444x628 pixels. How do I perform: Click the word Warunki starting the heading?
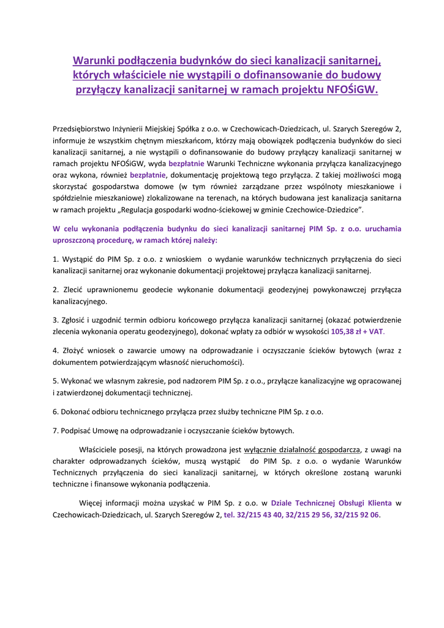[96, 60]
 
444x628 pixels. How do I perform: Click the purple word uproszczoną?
[75, 240]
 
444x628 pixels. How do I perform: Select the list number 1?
[55, 259]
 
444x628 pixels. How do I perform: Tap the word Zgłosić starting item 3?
[73, 320]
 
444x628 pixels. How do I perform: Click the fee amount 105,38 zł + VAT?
[357, 331]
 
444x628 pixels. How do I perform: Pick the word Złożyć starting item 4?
[72, 350]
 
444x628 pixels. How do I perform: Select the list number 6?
[55, 411]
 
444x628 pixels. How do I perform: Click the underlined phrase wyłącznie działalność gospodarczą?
[302, 449]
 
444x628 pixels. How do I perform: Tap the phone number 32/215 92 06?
[357, 515]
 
